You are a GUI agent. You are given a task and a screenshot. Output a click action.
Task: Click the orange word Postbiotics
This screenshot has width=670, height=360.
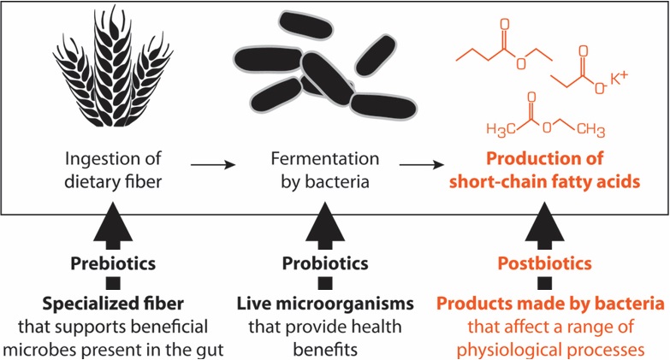[x=539, y=263]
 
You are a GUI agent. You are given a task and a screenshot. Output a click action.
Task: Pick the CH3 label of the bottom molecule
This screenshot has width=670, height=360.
[x=590, y=131]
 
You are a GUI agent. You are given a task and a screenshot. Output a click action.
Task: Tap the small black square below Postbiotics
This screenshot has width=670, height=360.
[x=539, y=283]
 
